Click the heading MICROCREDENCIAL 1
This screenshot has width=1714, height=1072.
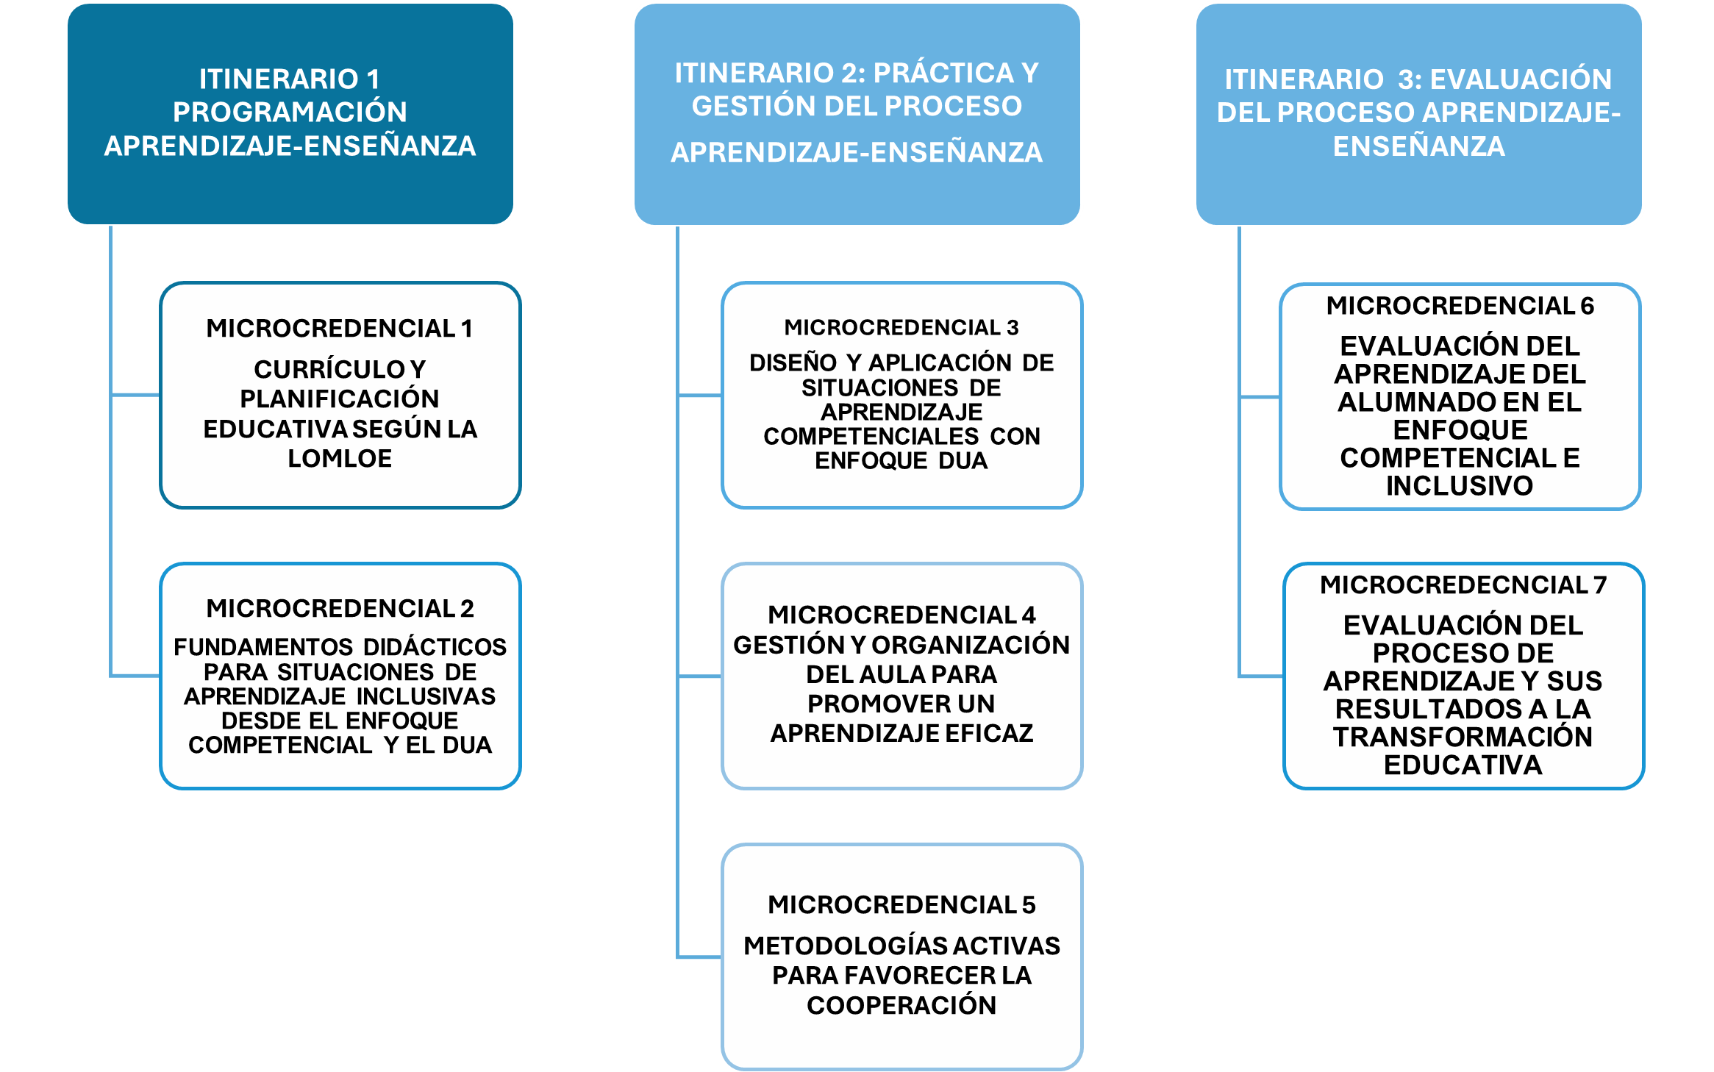(x=339, y=329)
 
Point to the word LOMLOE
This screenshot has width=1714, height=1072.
(x=340, y=459)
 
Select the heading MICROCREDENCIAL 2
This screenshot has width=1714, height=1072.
(x=340, y=609)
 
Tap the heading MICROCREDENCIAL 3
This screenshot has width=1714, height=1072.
(x=901, y=327)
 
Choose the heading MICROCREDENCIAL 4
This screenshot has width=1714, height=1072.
(x=901, y=615)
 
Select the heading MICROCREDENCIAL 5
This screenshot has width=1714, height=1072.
(x=901, y=905)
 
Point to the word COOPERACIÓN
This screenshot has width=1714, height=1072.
(x=901, y=1006)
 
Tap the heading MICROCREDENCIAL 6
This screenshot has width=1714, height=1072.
(x=1460, y=306)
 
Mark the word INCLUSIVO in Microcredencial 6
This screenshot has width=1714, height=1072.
(x=1460, y=486)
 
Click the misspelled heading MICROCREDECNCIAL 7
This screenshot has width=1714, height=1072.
(x=1463, y=585)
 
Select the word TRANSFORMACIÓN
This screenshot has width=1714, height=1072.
(x=1463, y=737)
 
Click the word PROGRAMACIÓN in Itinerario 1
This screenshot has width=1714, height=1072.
(x=290, y=112)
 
